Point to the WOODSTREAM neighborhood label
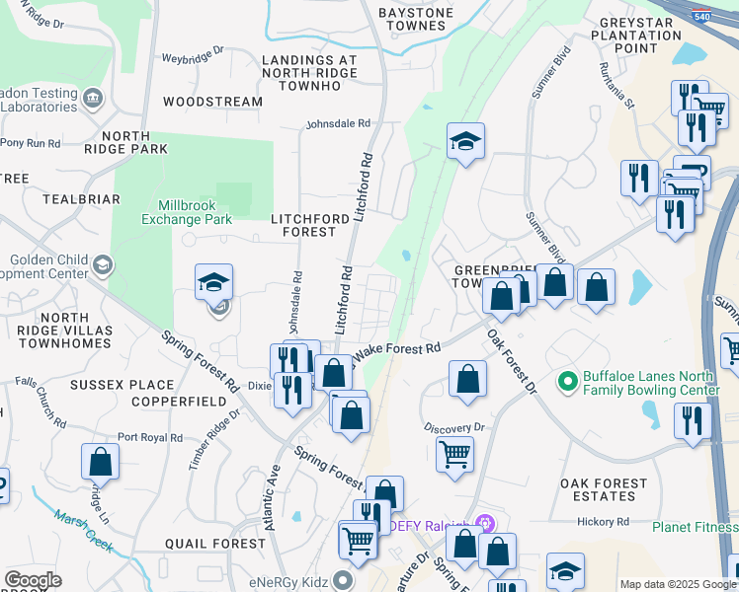(212, 102)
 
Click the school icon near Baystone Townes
(464, 141)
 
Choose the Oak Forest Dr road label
(512, 362)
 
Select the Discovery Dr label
(455, 428)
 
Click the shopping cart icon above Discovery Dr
(454, 455)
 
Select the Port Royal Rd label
(150, 437)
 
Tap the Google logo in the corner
(33, 580)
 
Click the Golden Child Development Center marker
(102, 264)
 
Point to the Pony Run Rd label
(31, 143)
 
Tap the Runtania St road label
(620, 83)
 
